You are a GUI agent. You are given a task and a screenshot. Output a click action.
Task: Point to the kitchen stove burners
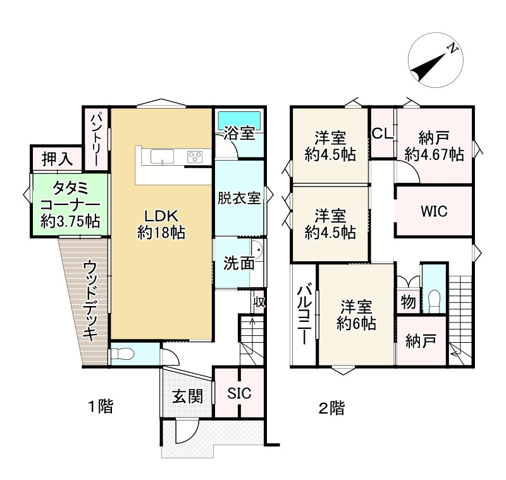[195, 156]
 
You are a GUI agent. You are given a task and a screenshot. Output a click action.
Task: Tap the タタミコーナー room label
[70, 204]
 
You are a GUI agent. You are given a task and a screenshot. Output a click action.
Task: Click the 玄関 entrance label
[187, 397]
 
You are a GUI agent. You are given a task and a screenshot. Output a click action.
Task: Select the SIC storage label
[239, 393]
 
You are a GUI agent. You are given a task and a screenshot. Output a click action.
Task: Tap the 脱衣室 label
[239, 198]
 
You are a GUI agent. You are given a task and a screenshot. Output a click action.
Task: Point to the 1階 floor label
[100, 407]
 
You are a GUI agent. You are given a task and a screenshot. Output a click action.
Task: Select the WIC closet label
[434, 211]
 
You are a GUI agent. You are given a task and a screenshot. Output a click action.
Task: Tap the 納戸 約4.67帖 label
[434, 145]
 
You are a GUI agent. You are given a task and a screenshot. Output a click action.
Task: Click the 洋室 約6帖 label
[356, 315]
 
